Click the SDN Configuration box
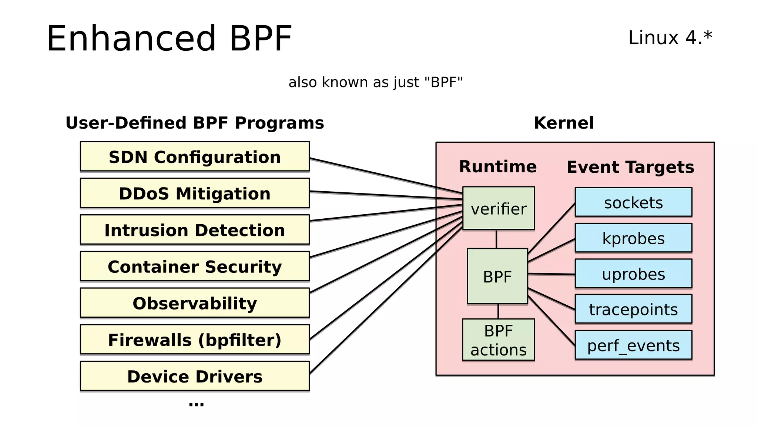195,156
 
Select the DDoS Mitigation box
195,193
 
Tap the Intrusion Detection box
195,230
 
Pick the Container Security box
195,266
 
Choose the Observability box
195,303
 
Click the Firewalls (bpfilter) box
195,340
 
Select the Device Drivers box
195,376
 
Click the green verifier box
499,208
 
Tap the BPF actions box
499,340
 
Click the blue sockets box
633,202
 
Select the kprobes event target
633,238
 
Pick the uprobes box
633,274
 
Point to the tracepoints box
633,309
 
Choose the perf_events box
633,345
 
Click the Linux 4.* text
670,38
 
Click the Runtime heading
498,166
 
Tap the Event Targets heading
630,167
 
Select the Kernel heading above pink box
564,123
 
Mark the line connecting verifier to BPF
496,239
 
